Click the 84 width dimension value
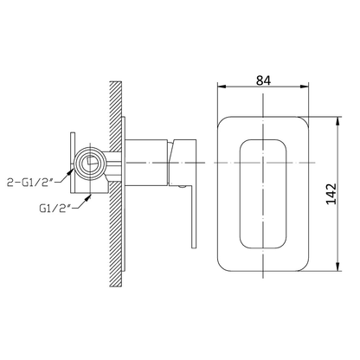click(x=263, y=80)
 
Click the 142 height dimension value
click(x=331, y=194)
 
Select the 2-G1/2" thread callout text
click(x=30, y=182)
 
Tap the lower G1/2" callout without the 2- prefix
click(x=55, y=208)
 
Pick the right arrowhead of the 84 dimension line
click(x=305, y=87)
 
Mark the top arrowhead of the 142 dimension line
click(x=338, y=121)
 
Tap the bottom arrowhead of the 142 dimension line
click(x=338, y=267)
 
